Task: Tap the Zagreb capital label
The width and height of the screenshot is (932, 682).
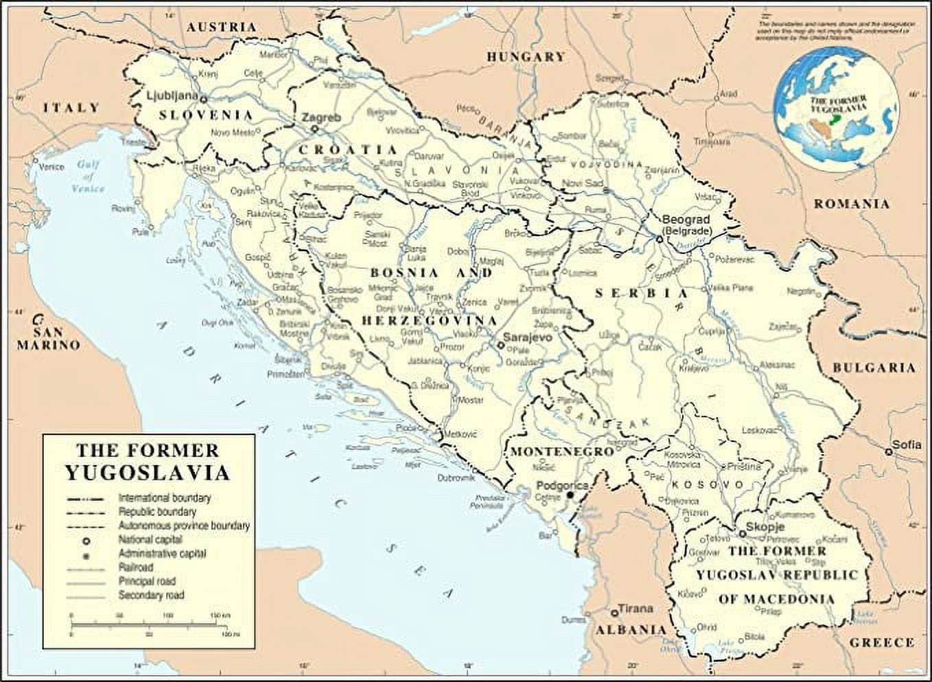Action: [x=321, y=117]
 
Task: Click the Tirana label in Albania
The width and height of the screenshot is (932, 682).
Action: [x=636, y=609]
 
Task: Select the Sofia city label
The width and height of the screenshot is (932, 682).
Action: [x=907, y=445]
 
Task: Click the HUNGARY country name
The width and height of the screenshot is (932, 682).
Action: [x=526, y=57]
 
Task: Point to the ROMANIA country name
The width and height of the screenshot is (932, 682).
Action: [x=851, y=204]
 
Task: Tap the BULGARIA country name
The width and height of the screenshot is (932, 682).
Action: [x=874, y=368]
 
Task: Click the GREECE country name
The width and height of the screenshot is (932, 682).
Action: [x=882, y=643]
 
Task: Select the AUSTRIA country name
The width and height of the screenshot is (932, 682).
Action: [x=222, y=27]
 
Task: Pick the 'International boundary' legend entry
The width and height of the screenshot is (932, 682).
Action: [x=164, y=498]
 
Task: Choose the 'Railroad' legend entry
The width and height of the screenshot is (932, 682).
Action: [x=135, y=567]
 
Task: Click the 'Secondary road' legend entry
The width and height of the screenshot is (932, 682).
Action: [x=151, y=596]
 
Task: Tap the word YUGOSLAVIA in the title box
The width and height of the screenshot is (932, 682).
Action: [x=148, y=473]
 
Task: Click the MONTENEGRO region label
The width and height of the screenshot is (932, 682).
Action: [x=561, y=452]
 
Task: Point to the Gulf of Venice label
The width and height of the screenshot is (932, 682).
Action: [x=90, y=176]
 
